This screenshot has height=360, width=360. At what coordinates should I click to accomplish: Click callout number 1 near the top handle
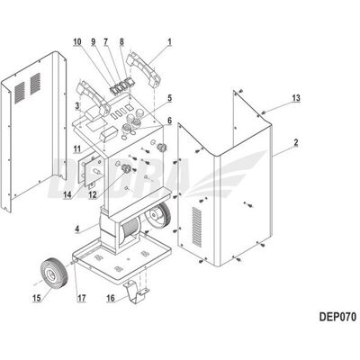coord(170,41)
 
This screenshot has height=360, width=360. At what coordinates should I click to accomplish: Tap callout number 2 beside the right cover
coord(296,142)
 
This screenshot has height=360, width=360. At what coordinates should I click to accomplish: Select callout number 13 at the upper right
coord(296,98)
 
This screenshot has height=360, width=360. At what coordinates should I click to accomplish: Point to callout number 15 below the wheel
coord(37,298)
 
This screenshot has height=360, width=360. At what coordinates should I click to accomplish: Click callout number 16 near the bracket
coord(111,298)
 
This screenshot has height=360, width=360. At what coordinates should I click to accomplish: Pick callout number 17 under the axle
coord(82,298)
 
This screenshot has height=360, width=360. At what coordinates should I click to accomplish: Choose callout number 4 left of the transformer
coord(77,229)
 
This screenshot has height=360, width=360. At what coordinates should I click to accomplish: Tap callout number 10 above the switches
coord(77,41)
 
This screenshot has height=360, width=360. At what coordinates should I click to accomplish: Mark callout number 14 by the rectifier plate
coord(67,194)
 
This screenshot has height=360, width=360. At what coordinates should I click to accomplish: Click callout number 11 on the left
coord(77,148)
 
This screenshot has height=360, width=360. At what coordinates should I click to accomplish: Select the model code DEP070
coord(337,317)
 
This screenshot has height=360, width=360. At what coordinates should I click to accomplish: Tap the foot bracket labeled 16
coord(137,292)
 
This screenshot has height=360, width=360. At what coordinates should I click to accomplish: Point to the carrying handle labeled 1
coord(144,69)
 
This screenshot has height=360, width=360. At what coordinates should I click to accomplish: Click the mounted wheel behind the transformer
coord(157,213)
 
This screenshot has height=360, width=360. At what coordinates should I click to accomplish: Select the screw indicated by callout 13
coord(264,112)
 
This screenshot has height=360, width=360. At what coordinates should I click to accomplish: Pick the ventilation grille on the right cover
coord(197,227)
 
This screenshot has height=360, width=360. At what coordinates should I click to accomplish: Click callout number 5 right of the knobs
coord(169,98)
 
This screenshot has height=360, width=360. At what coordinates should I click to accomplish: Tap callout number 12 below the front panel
coord(93,194)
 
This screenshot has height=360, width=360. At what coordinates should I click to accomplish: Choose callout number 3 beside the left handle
coord(77,105)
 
